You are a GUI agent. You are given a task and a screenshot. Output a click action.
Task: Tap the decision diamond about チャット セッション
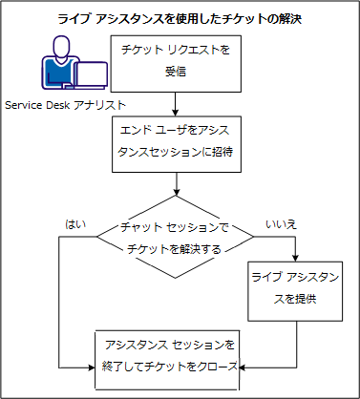pos(174,237)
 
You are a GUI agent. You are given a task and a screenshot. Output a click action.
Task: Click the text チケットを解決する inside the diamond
pos(174,247)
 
